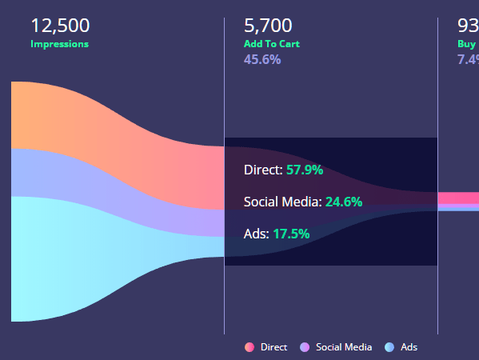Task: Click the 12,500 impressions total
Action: [x=60, y=26]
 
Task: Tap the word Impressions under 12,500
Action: [x=59, y=44]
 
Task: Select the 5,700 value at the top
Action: [x=268, y=26]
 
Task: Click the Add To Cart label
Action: [x=272, y=44]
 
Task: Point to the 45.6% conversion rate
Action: [x=262, y=59]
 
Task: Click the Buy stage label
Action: [x=467, y=44]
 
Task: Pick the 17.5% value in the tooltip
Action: [x=291, y=234]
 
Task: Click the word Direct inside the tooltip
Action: [x=261, y=170]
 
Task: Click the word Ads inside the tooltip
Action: [x=255, y=234]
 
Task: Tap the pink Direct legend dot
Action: [x=249, y=347]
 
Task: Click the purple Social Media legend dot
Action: [x=305, y=347]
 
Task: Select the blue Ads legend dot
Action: [x=389, y=347]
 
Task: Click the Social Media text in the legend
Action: [x=344, y=347]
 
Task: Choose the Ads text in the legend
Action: [x=409, y=347]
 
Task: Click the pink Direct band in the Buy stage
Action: [x=459, y=198]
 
